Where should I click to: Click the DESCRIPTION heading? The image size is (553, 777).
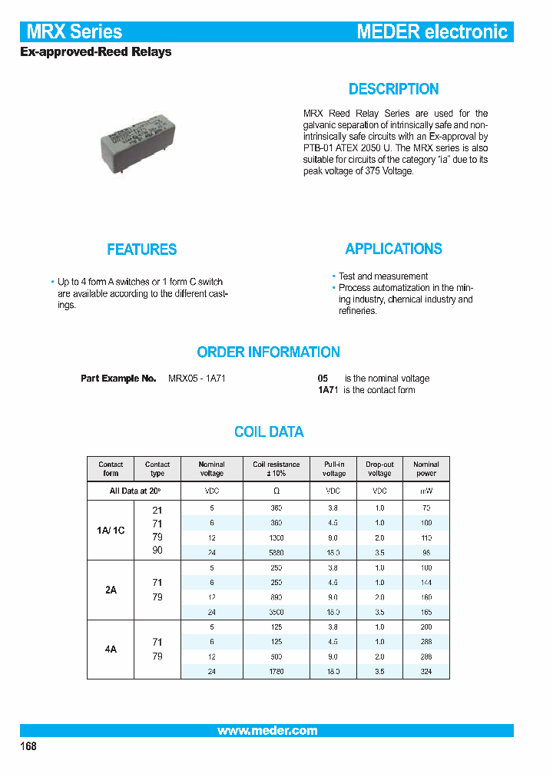coord(393,89)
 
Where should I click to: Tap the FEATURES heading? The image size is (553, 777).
coord(142,250)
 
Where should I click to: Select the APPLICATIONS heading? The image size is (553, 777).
coord(393,249)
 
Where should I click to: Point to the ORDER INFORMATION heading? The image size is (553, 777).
coord(268,352)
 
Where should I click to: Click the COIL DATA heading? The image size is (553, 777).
coord(269,432)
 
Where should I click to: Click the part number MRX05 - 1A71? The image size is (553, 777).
coord(197,379)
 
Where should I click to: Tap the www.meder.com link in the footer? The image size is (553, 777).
coord(267,731)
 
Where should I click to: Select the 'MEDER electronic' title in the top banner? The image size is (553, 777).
coord(432,32)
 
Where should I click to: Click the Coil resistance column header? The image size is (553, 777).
coord(276,469)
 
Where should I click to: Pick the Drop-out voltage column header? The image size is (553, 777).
coord(379,469)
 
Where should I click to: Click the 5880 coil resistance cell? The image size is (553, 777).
coord(276,553)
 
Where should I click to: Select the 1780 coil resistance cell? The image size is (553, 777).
coord(276,671)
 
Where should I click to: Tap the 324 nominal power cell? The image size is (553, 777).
coord(426,671)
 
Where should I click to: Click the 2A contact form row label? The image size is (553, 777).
coord(111,590)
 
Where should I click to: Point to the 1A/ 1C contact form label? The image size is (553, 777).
coord(111,531)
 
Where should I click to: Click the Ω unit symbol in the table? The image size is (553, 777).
coord(276,491)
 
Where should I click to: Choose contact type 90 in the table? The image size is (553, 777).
coord(157,551)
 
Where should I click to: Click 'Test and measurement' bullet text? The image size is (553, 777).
coord(383,276)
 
